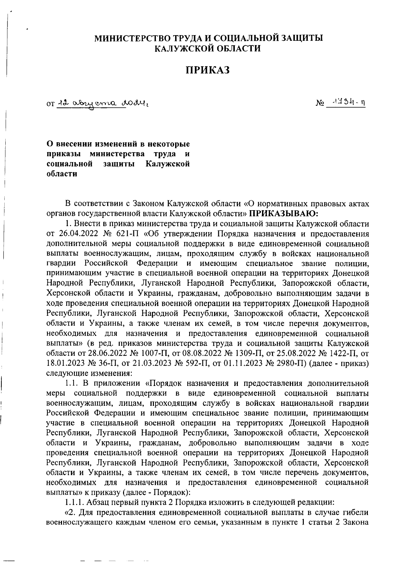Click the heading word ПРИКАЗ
coord(208,70)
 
